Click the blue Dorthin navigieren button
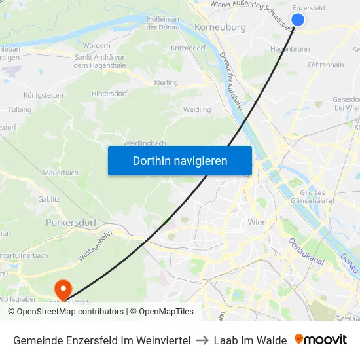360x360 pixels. pos(180,160)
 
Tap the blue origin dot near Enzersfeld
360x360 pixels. pos(297,20)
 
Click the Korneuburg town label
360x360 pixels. pos(220,27)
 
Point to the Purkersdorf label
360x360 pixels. pos(71,223)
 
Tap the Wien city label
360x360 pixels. pos(257,223)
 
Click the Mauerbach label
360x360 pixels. pos(60,173)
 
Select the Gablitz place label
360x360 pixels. pos(49,198)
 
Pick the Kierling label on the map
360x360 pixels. pos(166,83)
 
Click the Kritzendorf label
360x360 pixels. pos(189,48)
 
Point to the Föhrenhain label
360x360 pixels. pos(325,65)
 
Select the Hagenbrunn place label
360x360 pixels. pos(290,48)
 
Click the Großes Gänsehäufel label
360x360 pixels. pos(312,196)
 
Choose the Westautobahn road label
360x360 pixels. pos(96,245)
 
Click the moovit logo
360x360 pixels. pos(321,340)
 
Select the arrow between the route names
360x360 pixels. pos(202,340)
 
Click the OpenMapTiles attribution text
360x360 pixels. pos(166,312)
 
